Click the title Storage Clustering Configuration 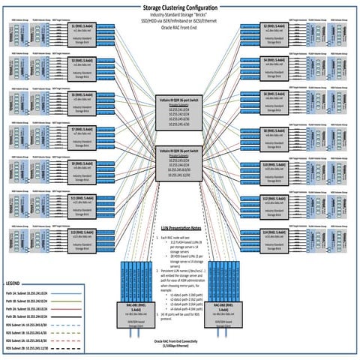click(180, 6)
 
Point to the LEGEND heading click(16, 283)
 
